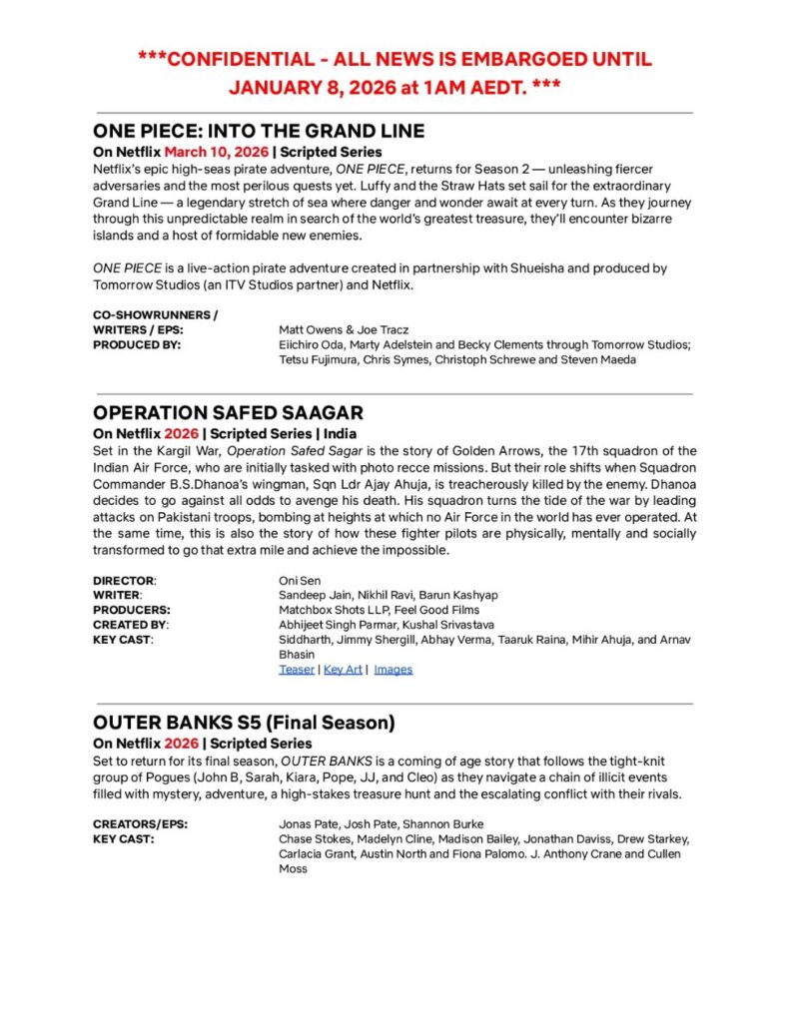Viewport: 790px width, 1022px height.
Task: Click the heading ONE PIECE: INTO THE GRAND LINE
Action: tap(259, 131)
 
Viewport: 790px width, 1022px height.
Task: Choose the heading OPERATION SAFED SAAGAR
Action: tap(228, 412)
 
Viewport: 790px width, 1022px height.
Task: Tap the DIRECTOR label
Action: tap(124, 579)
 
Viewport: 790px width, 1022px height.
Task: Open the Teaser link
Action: tap(296, 669)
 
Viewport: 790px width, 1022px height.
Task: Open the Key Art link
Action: tap(343, 669)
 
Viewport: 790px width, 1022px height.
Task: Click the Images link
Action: tap(394, 669)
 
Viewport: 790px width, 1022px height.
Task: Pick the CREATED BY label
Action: tap(130, 624)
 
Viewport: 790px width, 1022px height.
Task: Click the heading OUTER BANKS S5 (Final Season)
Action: tap(245, 722)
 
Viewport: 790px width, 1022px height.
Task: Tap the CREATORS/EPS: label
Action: tap(140, 824)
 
